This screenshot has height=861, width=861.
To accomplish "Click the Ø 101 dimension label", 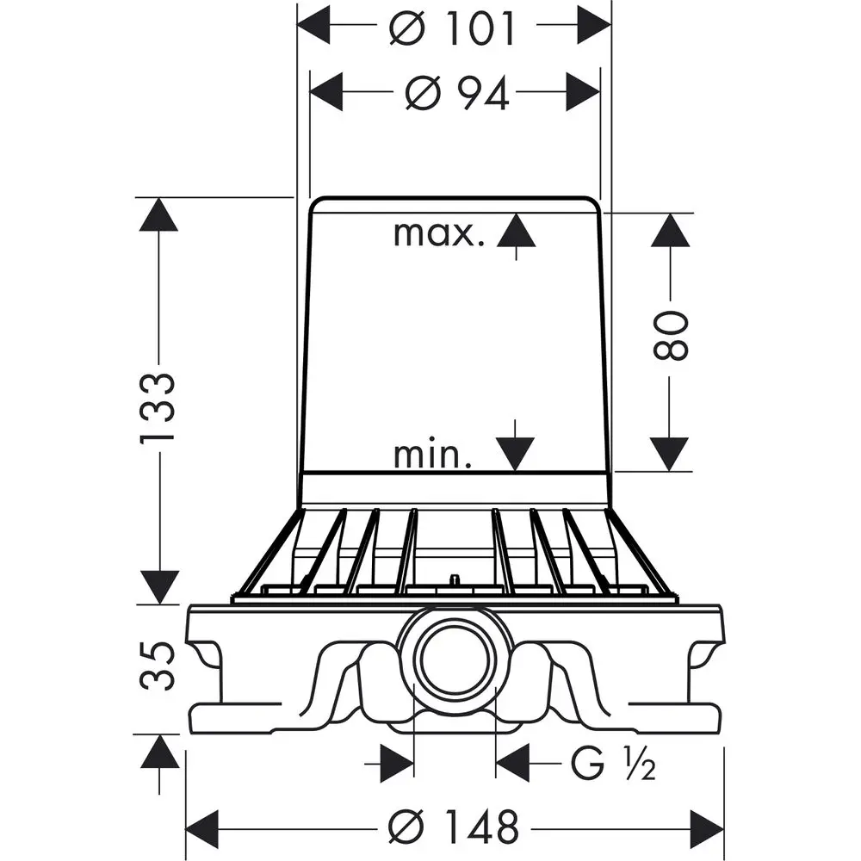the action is click(453, 27).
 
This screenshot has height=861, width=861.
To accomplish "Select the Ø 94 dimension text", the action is click(457, 93).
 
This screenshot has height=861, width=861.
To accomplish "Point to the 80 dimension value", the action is click(671, 335).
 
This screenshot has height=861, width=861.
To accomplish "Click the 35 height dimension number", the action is click(158, 666).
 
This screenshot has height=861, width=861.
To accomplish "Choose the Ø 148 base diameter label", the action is click(454, 827).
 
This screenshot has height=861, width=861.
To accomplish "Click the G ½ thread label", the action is click(613, 764).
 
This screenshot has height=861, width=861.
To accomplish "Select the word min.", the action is click(433, 455).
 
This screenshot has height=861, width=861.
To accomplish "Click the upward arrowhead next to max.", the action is click(516, 231).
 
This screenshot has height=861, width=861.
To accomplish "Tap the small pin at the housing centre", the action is click(454, 579).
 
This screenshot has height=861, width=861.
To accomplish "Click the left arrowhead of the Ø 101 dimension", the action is click(313, 25).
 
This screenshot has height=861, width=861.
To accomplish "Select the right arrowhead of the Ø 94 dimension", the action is click(583, 92).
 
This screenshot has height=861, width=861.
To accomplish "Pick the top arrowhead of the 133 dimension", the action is click(158, 214).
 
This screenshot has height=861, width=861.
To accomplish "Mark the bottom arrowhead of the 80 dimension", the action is click(670, 454).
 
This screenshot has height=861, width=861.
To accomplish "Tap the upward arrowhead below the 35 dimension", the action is click(160, 751).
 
